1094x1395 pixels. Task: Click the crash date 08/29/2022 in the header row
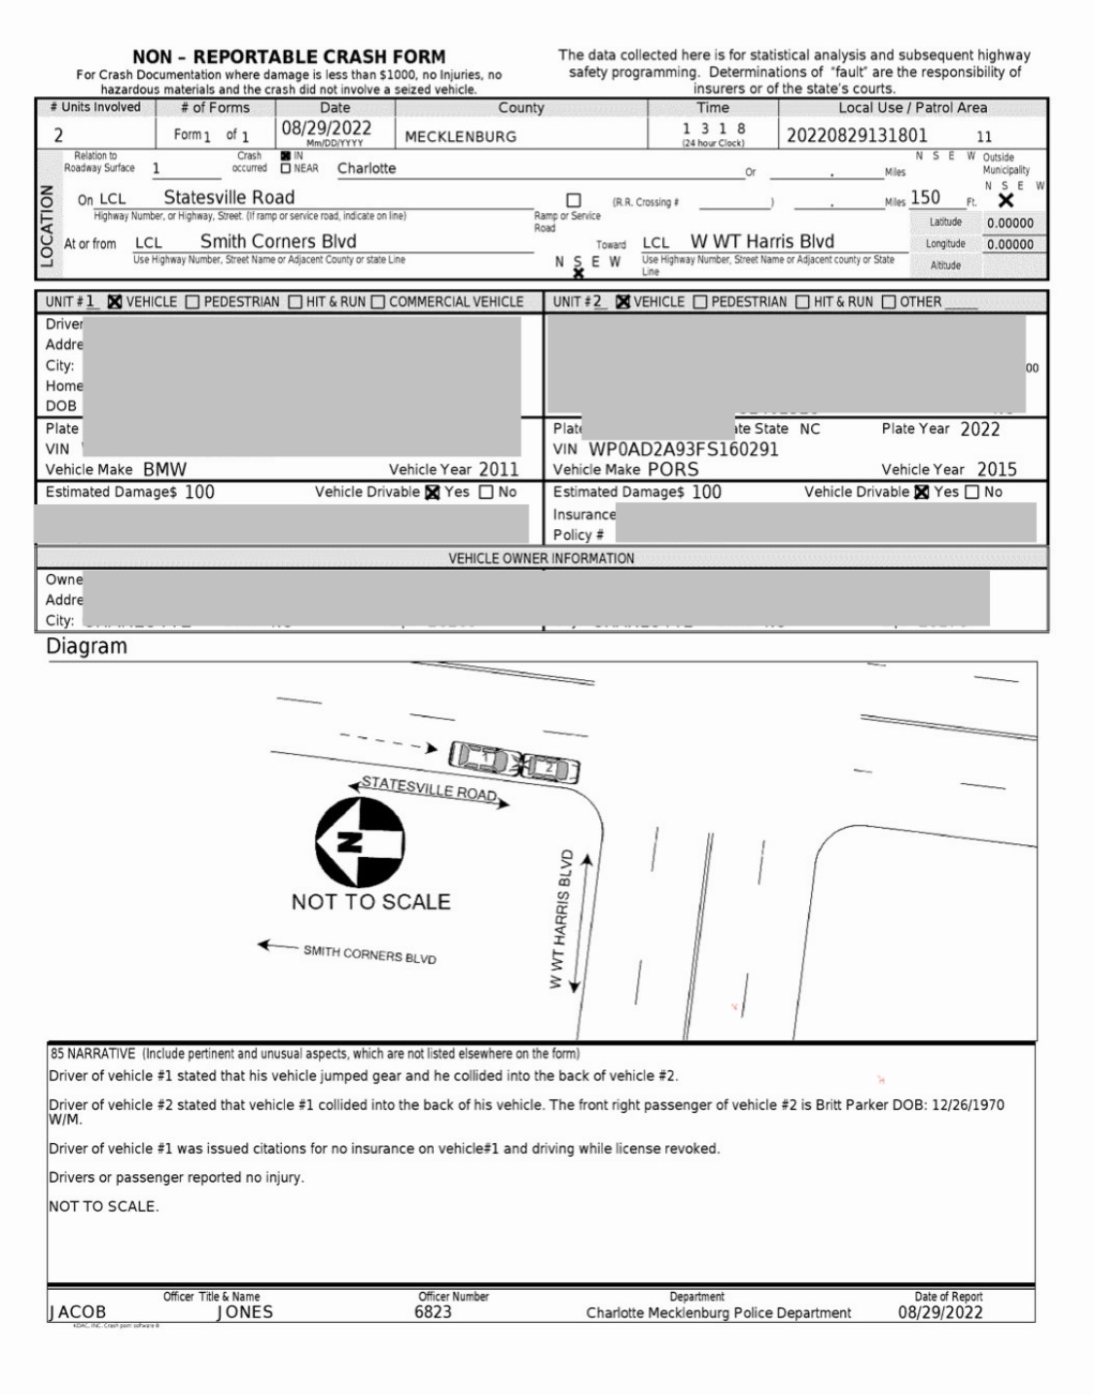click(x=327, y=128)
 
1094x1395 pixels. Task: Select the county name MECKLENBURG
click(x=460, y=137)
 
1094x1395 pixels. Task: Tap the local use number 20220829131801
click(x=857, y=135)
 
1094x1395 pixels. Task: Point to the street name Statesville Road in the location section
click(x=229, y=197)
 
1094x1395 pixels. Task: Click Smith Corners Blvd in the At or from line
click(x=278, y=241)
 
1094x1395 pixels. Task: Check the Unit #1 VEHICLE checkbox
click(x=115, y=302)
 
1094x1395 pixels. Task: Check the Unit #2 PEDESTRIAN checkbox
click(x=700, y=302)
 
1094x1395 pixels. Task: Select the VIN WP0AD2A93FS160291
click(x=683, y=449)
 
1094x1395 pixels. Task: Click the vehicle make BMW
click(x=164, y=469)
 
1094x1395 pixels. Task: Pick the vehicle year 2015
click(x=997, y=469)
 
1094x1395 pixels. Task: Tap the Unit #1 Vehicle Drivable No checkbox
click(x=486, y=492)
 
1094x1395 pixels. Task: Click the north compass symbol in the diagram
click(x=360, y=841)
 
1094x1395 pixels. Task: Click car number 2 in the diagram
click(x=550, y=768)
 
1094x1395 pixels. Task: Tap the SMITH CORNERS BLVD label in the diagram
click(x=370, y=954)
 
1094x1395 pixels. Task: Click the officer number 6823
click(x=433, y=1312)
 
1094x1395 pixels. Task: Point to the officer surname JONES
click(x=244, y=1312)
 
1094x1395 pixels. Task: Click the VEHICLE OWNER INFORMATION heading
click(x=541, y=558)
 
